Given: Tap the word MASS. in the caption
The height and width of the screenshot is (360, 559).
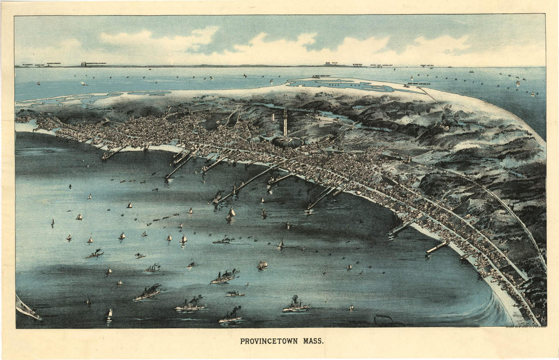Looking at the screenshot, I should [314, 341].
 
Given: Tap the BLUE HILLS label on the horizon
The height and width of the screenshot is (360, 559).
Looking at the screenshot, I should [332, 63].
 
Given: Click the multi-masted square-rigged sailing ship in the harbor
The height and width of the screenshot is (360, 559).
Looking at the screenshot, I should [262, 265].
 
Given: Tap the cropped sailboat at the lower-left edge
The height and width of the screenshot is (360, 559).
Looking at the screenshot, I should [26, 308].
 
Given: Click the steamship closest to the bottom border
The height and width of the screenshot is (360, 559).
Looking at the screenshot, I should [230, 317].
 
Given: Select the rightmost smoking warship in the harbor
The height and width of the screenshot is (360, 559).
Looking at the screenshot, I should [296, 305].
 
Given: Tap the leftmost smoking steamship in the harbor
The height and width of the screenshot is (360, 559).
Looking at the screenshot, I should [94, 254].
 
